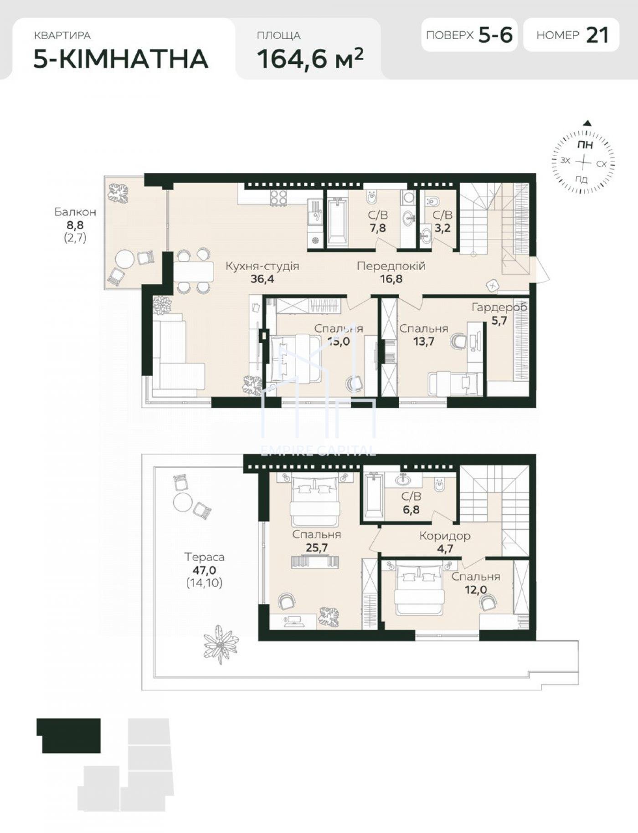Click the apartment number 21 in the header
(x=597, y=35)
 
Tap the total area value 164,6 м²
(x=310, y=58)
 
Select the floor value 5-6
(x=496, y=35)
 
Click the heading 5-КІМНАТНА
(x=121, y=59)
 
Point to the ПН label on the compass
(x=585, y=145)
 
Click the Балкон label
(x=75, y=212)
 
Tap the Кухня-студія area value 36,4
(x=262, y=279)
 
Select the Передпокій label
(x=391, y=266)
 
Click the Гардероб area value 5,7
(x=499, y=321)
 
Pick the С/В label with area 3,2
(x=442, y=215)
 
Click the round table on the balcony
(x=125, y=259)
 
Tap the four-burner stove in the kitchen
(x=279, y=197)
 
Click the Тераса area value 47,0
(x=204, y=570)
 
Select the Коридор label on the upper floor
(x=445, y=536)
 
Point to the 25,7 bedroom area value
(x=317, y=547)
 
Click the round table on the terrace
(x=183, y=502)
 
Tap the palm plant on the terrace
(x=221, y=644)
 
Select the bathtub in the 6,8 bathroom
(x=373, y=496)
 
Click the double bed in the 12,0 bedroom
(x=419, y=588)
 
